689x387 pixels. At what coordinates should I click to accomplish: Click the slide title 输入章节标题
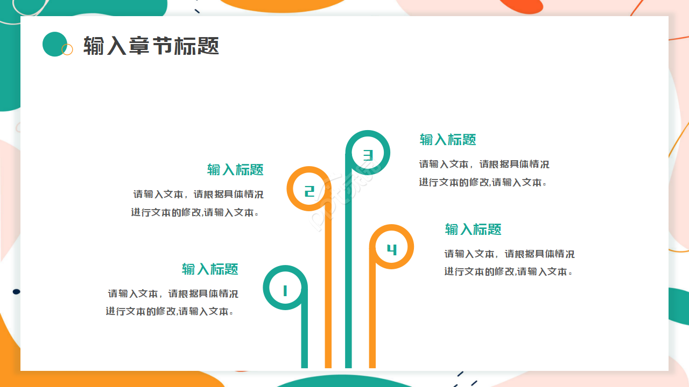click(151, 46)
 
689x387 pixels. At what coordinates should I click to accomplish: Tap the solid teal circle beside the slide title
click(54, 44)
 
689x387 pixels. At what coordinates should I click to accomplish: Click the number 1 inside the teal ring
click(285, 291)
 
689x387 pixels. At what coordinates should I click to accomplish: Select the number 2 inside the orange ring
click(309, 191)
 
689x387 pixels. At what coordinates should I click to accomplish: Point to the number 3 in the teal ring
click(368, 155)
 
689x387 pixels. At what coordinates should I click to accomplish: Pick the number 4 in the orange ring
click(392, 249)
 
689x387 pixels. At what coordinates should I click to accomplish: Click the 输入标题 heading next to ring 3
click(448, 140)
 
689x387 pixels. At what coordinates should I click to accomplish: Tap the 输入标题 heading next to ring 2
click(235, 170)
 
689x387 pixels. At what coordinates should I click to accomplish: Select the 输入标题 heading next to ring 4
click(473, 230)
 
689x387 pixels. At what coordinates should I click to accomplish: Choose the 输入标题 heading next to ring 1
click(210, 269)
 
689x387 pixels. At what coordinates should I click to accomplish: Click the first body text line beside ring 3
click(484, 164)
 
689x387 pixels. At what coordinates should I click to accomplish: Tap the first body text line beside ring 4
click(509, 254)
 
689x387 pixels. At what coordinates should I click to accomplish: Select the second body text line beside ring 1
click(170, 311)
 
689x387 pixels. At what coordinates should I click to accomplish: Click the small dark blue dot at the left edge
click(16, 291)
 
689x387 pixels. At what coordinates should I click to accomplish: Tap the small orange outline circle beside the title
click(67, 49)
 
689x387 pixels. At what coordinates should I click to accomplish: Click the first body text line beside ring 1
click(173, 293)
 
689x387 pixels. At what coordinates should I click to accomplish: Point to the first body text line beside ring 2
click(198, 194)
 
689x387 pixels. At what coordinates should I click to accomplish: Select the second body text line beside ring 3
click(483, 182)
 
